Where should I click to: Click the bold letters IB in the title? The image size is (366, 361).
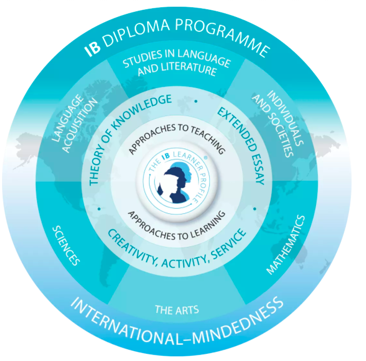pos(93,50)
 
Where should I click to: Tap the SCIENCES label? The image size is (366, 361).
pos(67,243)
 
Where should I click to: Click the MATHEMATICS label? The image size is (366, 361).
pos(286,244)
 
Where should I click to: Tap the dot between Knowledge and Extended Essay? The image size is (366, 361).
pos(196,102)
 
